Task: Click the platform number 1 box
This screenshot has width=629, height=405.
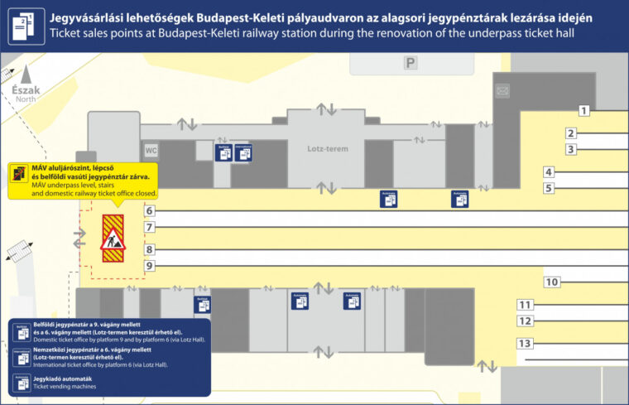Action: coord(583,110)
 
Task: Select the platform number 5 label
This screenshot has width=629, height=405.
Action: coord(548,188)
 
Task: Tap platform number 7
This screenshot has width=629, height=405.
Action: coord(149,227)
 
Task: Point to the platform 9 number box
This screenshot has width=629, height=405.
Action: coord(149,266)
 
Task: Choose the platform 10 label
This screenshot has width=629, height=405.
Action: coord(552,282)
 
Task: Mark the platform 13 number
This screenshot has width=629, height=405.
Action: coord(524,343)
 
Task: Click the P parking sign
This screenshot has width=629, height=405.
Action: coord(411,62)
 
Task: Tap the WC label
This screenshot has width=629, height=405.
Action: coord(151,151)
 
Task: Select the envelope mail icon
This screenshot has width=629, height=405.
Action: coord(502,90)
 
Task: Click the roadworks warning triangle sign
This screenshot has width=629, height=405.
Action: coord(113,239)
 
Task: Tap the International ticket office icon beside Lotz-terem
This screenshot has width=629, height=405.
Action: coord(243,152)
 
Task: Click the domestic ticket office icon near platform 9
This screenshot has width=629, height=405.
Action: coord(202,304)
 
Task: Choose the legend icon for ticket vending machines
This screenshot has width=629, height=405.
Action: coord(22,383)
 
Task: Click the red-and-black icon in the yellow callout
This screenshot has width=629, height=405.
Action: coord(18,174)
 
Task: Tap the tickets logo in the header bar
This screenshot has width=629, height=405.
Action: coord(26,26)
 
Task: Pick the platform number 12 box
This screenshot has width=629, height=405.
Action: coord(524,321)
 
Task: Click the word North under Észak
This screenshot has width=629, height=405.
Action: coord(26,99)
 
